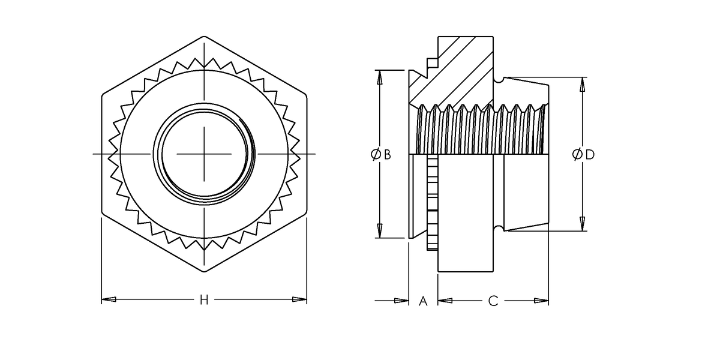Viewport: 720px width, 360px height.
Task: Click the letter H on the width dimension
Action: [x=204, y=299]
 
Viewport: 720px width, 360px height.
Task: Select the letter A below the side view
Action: [x=422, y=301]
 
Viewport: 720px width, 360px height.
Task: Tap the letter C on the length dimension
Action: [x=493, y=301]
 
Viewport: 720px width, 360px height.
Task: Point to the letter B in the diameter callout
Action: [x=388, y=155]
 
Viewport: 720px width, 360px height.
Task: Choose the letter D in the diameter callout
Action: [x=590, y=155]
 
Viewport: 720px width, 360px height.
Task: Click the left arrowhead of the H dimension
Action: [x=109, y=299]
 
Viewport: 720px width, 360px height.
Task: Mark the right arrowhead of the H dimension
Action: [x=299, y=299]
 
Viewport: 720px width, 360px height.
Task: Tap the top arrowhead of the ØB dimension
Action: [x=379, y=77]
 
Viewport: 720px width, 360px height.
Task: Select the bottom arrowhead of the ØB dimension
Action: [x=379, y=230]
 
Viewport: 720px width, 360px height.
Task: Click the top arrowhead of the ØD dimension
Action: [x=581, y=85]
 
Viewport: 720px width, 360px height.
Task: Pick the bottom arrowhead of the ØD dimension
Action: [x=581, y=224]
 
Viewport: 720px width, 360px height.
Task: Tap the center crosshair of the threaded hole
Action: [x=204, y=155]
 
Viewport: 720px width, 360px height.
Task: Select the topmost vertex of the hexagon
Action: [x=204, y=37]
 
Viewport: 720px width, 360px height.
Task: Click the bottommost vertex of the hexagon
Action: [x=204, y=272]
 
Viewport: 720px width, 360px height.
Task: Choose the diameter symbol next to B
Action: [x=375, y=155]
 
